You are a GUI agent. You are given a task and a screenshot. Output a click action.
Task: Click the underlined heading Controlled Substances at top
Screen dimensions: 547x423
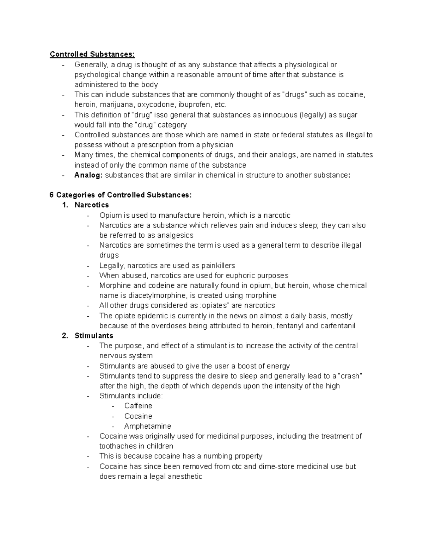click(92, 54)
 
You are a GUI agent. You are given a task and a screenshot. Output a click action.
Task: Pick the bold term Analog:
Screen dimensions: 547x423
click(88, 175)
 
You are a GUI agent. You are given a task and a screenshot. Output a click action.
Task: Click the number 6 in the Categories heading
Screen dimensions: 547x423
click(52, 195)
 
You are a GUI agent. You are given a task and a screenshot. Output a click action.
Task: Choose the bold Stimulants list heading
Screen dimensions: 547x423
click(94, 336)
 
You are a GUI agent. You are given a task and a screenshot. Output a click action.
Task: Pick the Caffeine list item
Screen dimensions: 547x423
click(138, 406)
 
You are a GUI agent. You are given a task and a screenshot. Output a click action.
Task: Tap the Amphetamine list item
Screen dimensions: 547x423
click(147, 426)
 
